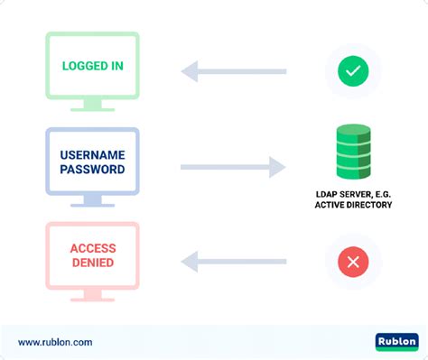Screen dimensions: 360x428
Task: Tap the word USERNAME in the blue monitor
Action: pos(93,155)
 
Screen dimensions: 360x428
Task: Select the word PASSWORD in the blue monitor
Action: pos(93,169)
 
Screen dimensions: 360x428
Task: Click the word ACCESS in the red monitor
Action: pos(93,249)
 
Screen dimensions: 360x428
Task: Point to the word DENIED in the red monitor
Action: pos(93,263)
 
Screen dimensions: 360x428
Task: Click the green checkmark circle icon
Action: pos(353,71)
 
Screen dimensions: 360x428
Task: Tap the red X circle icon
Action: pos(353,262)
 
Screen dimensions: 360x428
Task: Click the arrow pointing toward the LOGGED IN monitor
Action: pos(233,71)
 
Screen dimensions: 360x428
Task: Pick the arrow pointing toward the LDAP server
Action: pos(233,167)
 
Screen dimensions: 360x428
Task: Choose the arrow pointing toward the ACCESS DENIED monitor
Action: pos(233,262)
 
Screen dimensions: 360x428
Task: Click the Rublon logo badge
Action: pos(396,342)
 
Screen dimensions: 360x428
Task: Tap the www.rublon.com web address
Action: pos(55,342)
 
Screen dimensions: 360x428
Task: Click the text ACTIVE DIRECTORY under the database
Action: pos(353,205)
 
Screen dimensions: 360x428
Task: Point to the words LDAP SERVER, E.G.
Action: pos(353,192)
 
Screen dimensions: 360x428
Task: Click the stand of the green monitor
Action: pos(93,106)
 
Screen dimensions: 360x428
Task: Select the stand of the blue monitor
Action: pos(93,200)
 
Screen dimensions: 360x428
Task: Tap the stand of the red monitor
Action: pos(93,295)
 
